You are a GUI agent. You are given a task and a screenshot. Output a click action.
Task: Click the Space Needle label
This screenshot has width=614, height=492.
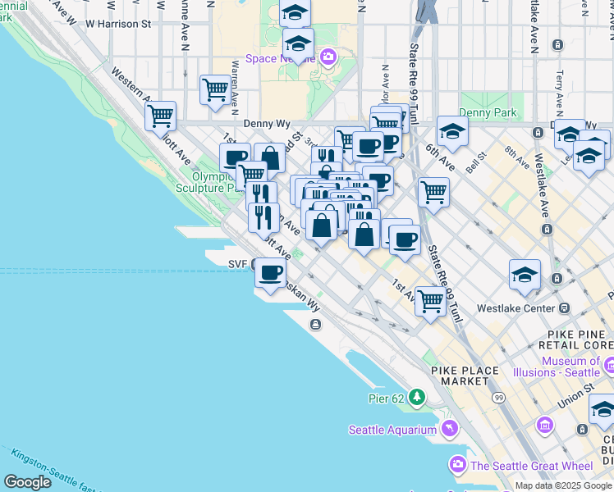click(x=280, y=60)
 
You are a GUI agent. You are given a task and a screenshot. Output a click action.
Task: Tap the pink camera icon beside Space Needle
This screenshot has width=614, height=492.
click(x=328, y=57)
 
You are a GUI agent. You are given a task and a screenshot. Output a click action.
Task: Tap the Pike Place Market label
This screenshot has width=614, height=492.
click(x=469, y=376)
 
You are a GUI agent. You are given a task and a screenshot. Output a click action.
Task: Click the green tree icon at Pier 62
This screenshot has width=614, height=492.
click(x=418, y=398)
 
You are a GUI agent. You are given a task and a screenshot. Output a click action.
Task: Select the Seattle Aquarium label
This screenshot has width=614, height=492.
click(x=392, y=430)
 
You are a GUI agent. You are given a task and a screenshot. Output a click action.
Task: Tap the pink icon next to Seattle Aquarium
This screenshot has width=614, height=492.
click(x=450, y=428)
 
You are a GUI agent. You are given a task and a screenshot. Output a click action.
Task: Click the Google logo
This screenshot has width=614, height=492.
click(x=27, y=482)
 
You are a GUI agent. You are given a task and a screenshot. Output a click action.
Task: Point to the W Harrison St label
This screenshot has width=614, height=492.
click(x=118, y=24)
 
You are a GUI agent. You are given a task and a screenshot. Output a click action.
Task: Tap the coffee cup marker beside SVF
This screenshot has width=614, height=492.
click(x=270, y=274)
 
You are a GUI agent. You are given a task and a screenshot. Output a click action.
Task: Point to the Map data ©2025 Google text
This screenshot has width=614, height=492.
click(x=563, y=485)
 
